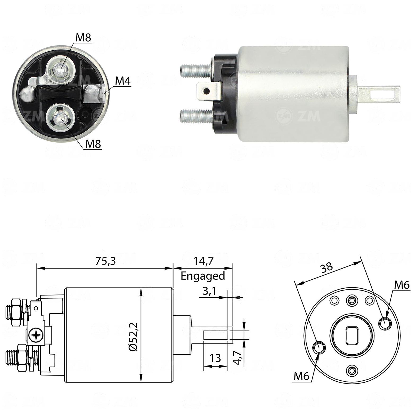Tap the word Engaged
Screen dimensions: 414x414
(x=203, y=276)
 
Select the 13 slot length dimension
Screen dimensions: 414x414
(x=216, y=358)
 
